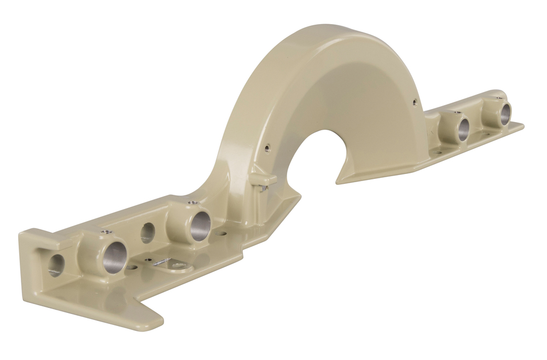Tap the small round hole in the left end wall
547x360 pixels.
pos(56,264)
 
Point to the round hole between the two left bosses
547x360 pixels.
pos(147,233)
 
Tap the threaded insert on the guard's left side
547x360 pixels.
pos(267,146)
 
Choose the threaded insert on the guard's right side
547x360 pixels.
pos(414,101)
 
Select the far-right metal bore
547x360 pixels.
pos(505,113)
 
